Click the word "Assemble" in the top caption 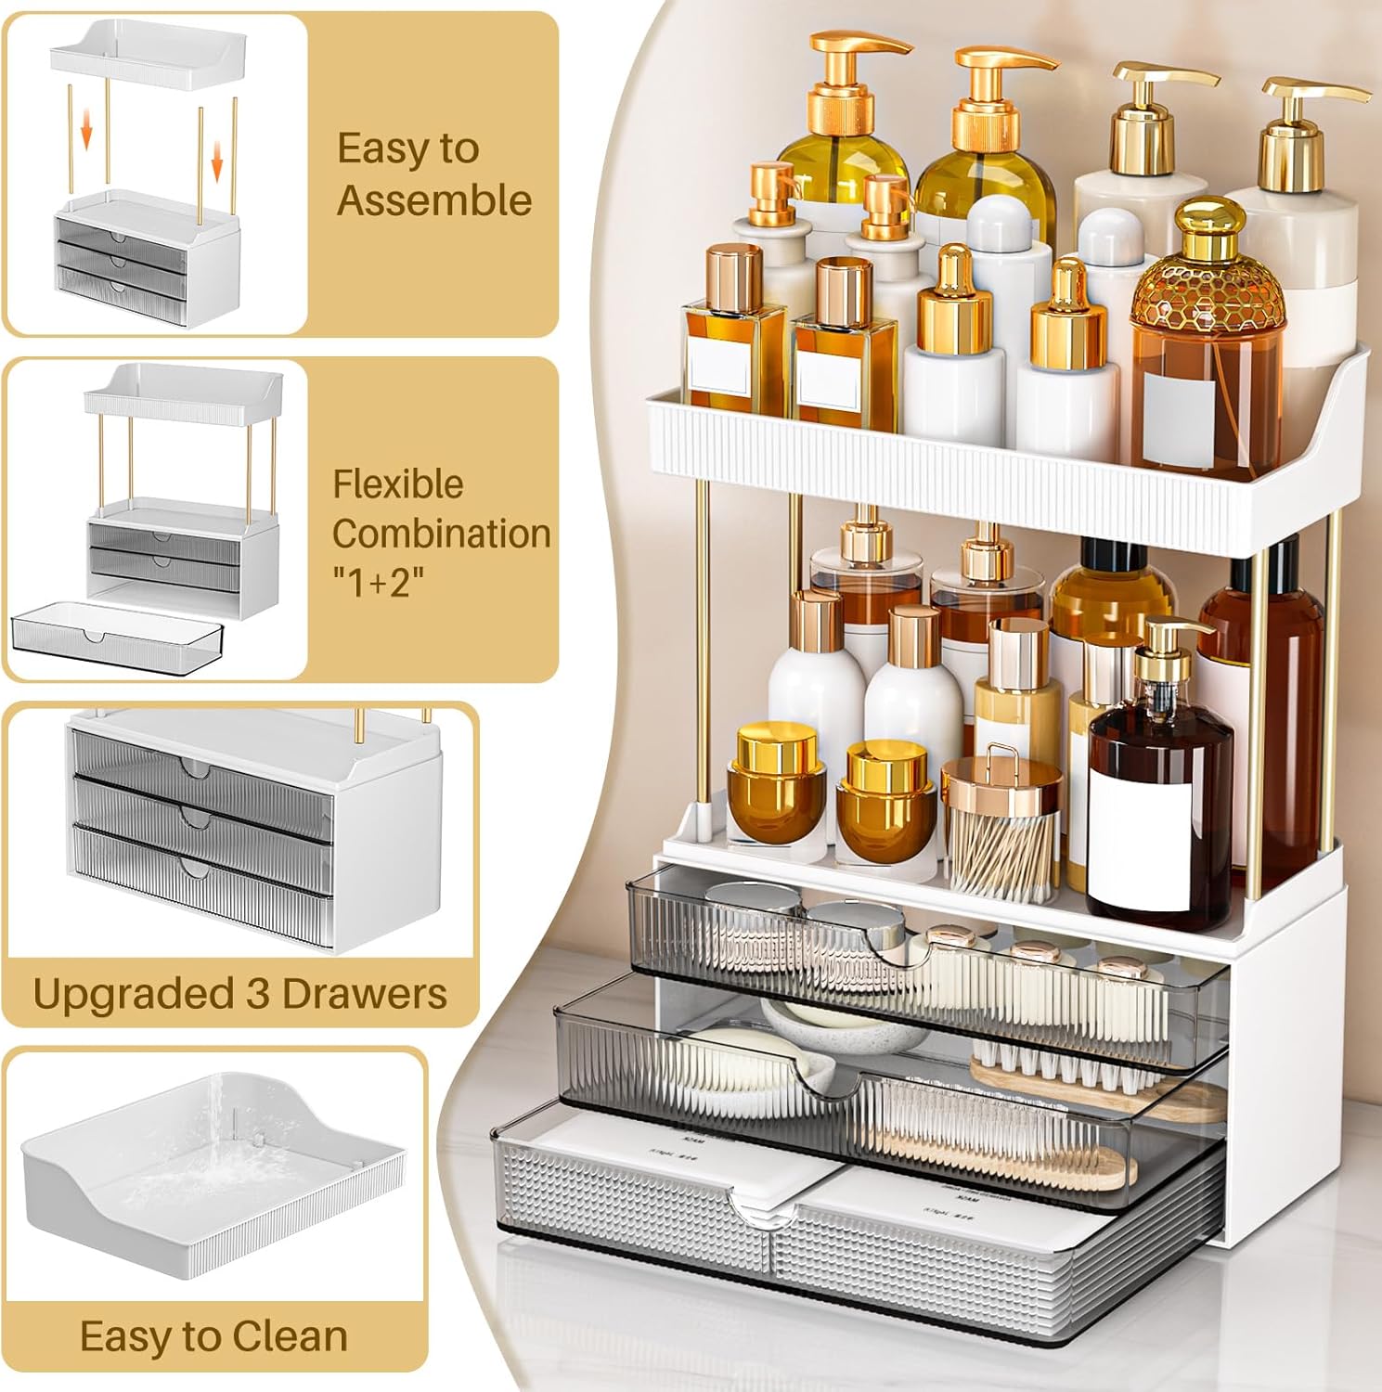(433, 200)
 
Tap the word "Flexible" (398, 484)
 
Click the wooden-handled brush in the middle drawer (1095, 1087)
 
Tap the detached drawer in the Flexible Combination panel (118, 631)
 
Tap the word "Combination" (441, 534)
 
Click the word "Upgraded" (131, 994)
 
